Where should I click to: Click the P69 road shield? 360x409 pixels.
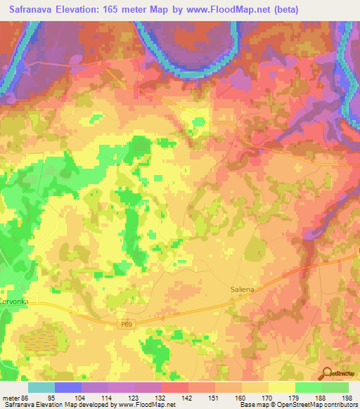tap(124, 323)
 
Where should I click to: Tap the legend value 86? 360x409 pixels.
tap(26, 397)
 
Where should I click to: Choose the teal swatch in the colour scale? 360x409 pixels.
tap(41, 387)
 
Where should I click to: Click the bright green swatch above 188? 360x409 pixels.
tap(309, 387)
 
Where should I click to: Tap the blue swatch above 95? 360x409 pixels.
tap(68, 387)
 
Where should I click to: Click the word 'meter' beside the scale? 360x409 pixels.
tap(10, 397)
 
